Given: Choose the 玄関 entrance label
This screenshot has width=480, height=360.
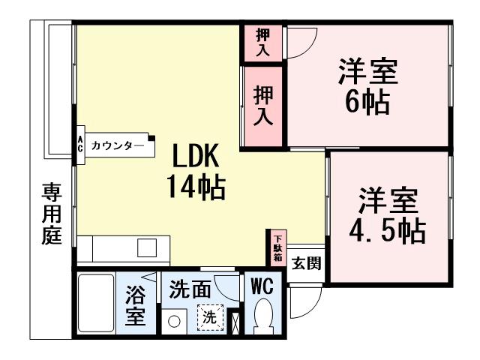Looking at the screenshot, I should (x=306, y=263).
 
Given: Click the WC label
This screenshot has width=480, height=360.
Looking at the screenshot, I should (x=262, y=286).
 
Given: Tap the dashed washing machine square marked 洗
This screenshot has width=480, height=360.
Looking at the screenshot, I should (x=211, y=318).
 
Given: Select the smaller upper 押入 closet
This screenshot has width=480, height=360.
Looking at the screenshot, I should (x=263, y=42).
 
